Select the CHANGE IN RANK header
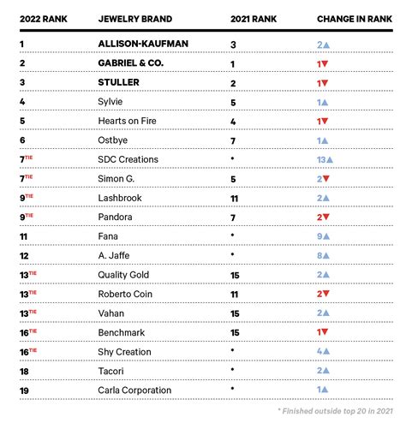349,18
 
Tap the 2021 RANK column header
254,18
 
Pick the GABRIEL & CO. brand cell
140,63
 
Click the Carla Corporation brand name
136,390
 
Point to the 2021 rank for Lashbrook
235,198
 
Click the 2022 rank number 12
24,255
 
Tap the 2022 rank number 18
24,371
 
